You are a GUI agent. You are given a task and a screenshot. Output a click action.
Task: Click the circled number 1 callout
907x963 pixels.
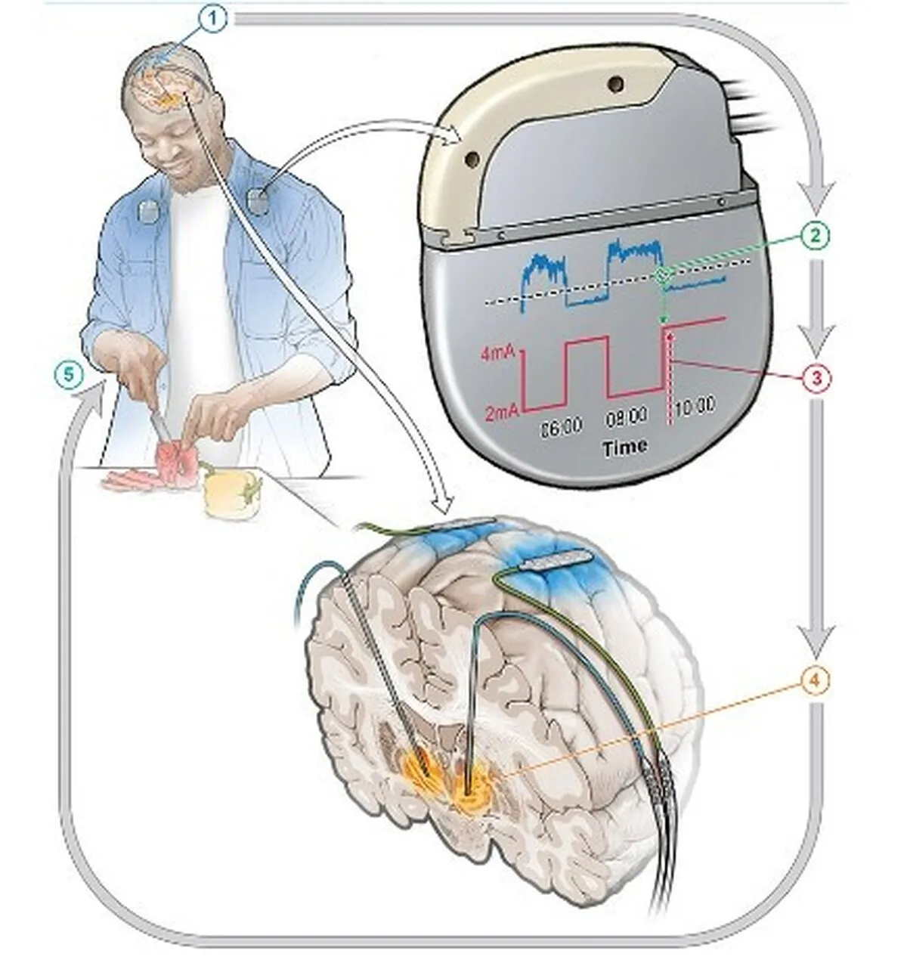(x=212, y=20)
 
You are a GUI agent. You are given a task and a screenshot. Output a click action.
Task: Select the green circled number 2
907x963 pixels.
(x=816, y=236)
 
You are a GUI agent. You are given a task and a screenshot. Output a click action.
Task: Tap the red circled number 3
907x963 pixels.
(x=816, y=378)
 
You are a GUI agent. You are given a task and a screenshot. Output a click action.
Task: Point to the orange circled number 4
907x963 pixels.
(x=816, y=681)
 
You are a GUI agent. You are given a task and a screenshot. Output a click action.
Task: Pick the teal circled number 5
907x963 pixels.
(x=69, y=376)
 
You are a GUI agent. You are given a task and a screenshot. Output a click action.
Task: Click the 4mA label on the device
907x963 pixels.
(x=499, y=354)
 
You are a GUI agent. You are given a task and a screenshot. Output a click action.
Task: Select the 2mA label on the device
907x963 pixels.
(x=503, y=413)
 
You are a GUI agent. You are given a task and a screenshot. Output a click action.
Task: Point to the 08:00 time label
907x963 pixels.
(x=626, y=417)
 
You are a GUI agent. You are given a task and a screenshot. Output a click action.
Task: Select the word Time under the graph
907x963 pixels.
(x=625, y=447)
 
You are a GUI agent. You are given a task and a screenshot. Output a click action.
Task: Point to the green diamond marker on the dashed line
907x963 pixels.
(x=663, y=276)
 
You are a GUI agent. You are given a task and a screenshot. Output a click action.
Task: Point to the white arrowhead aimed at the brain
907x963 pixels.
(x=442, y=502)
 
